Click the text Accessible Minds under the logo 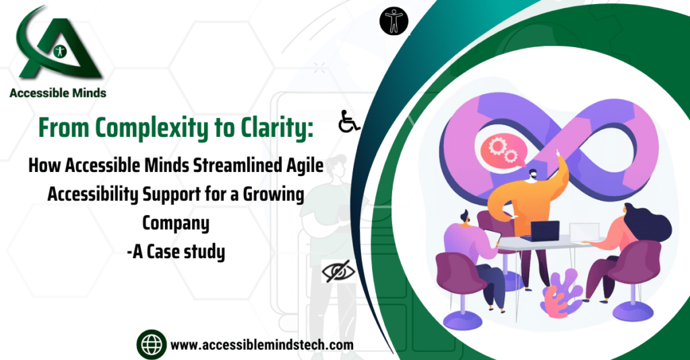coord(58,94)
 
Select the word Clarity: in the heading coord(274,128)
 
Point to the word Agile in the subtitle coord(301,167)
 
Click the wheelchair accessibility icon coord(348,123)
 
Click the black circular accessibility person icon coord(394,21)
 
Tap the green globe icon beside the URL coord(151,344)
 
